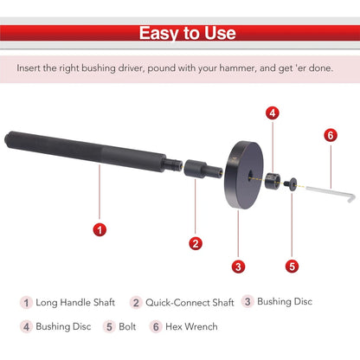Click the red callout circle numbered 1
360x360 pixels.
coord(100,230)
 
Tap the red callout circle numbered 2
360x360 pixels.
coord(196,243)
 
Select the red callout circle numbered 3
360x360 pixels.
coord(238,267)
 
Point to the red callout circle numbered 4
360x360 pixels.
coord(273,113)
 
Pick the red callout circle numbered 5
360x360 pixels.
coord(292,267)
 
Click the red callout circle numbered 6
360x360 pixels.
coord(331,135)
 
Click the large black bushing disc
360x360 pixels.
coord(244,175)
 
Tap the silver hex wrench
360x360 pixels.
coord(331,191)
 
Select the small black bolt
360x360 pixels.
coord(290,183)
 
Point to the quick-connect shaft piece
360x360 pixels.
coord(203,169)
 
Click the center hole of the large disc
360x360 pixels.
coord(250,175)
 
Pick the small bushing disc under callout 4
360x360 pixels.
coord(273,181)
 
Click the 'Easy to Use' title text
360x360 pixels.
coord(188,33)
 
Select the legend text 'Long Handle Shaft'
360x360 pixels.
coord(75,302)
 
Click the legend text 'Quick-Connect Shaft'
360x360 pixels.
coord(190,303)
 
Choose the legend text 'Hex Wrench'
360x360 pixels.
coord(191,326)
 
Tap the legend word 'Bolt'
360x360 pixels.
coord(127,326)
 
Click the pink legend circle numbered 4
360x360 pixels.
coord(26,327)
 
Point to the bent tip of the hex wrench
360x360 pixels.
coord(352,199)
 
